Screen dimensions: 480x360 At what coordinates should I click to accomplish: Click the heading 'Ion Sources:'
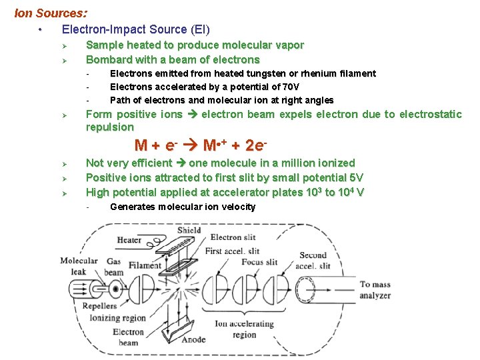(x=50, y=13)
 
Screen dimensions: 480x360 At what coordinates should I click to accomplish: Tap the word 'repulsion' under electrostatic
(x=109, y=127)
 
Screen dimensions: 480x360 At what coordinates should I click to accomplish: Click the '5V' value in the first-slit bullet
(x=355, y=177)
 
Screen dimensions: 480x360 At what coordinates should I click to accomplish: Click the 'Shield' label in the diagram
(x=189, y=231)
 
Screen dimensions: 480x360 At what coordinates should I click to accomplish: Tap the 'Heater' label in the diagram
(x=129, y=240)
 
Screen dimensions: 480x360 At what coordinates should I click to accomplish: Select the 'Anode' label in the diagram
(x=194, y=339)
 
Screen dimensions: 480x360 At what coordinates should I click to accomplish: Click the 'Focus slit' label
(x=259, y=262)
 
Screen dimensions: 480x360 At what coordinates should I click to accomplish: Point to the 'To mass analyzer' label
(x=375, y=290)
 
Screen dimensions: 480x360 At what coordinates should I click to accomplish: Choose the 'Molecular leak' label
(x=79, y=266)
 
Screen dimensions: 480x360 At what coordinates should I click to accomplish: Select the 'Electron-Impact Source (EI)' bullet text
(x=135, y=29)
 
